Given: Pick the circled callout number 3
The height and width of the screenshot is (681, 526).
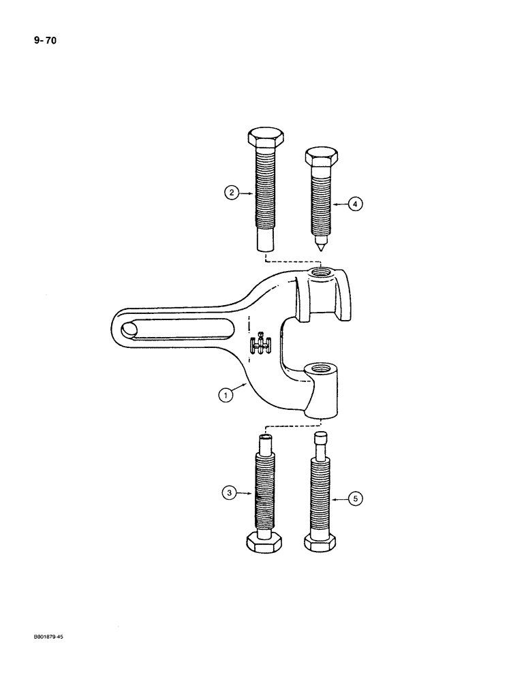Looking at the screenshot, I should click(232, 491).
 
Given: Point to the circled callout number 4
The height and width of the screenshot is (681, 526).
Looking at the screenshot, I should click(354, 203).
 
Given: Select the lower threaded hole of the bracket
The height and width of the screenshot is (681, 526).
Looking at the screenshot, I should click(321, 370).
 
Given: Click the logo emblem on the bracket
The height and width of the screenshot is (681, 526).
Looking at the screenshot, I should click(259, 345).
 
